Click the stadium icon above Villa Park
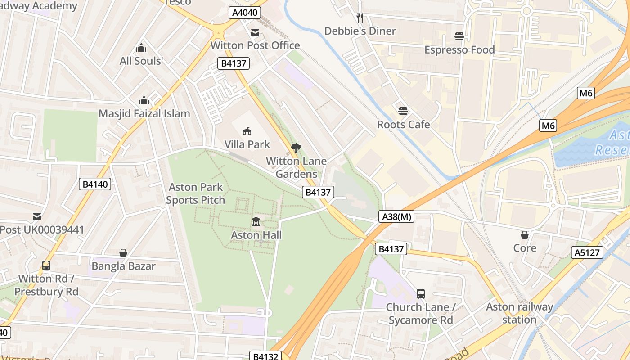point(247,131)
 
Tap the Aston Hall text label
point(256,235)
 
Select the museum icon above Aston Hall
point(256,221)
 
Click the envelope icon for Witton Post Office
point(255,32)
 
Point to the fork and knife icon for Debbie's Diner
point(360,18)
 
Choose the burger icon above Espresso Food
point(459,36)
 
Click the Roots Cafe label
point(403,124)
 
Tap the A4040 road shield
point(245,12)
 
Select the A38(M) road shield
point(396,216)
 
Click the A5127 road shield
point(588,252)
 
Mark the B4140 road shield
point(95,184)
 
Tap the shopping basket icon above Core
point(525,235)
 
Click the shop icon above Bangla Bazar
point(123,253)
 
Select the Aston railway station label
point(519,313)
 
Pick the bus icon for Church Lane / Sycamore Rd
point(421,294)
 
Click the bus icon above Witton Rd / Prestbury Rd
point(46,265)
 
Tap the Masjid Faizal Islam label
point(144,113)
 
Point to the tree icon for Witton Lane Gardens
point(296,148)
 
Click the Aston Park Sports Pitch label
point(196,193)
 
